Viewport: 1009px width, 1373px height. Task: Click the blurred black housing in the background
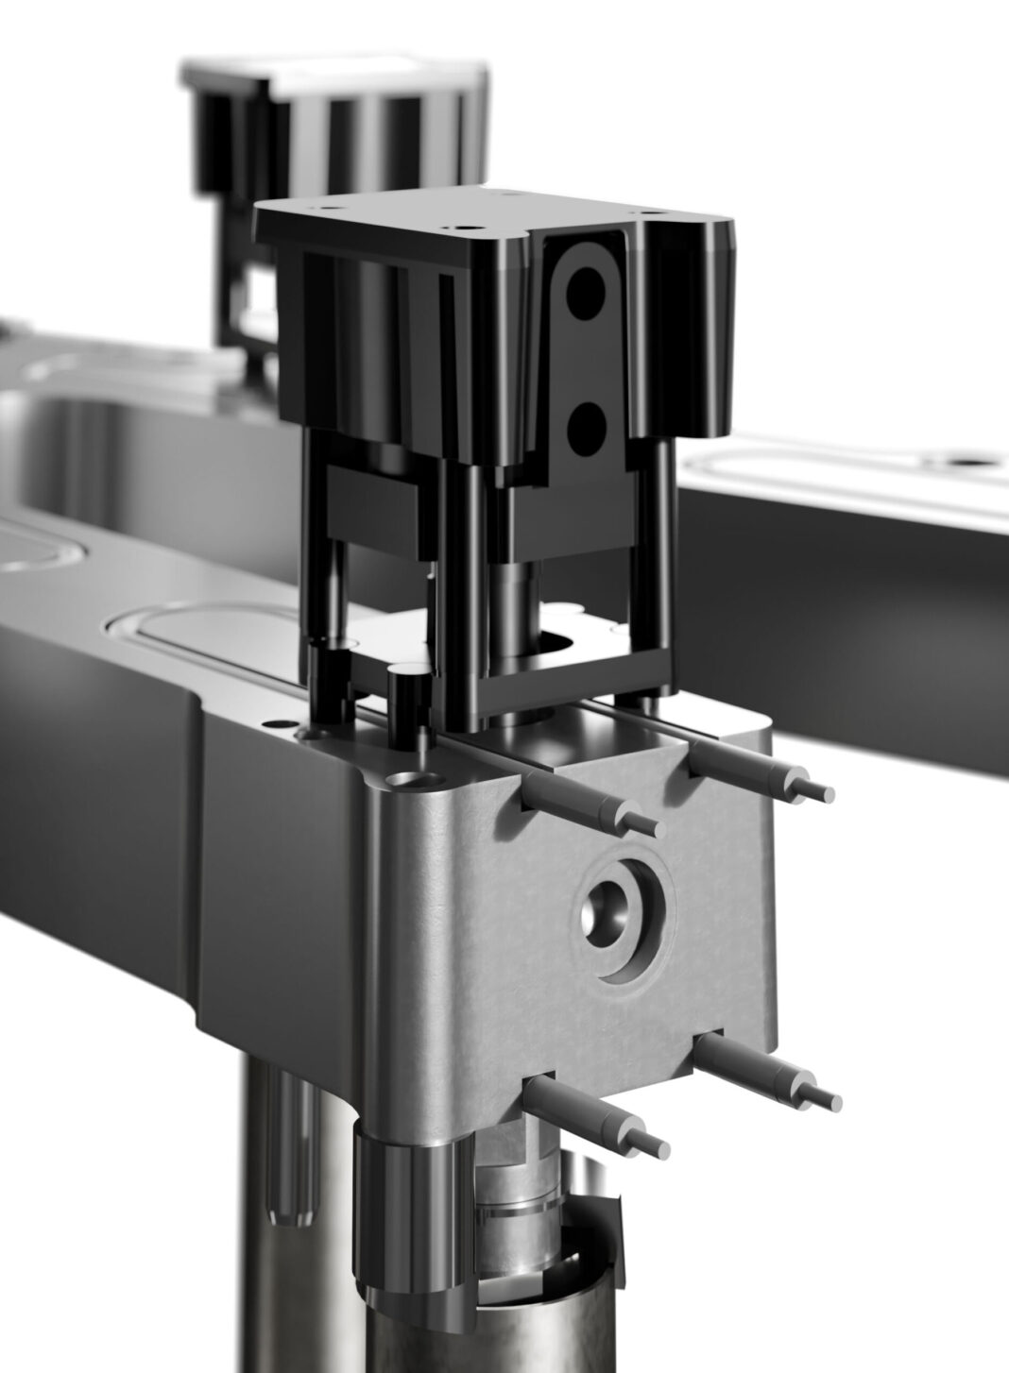331,123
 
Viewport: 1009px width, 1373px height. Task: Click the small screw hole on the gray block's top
409,781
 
